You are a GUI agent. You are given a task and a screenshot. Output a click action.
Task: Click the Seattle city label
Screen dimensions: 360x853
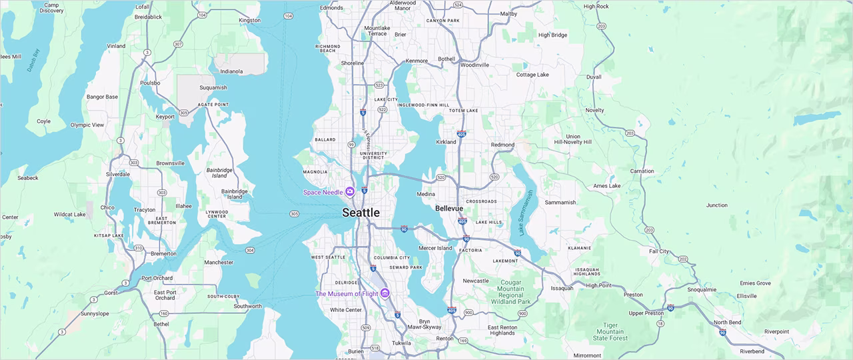[361, 213]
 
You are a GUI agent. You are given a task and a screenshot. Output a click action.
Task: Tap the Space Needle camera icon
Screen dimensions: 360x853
[350, 192]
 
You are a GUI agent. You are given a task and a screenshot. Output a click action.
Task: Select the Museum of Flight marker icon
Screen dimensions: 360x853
[385, 294]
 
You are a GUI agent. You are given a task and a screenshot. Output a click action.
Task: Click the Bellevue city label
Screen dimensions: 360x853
[448, 209]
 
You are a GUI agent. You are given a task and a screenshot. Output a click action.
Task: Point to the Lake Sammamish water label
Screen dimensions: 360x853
[526, 213]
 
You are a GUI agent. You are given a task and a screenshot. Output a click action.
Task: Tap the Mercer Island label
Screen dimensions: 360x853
[435, 248]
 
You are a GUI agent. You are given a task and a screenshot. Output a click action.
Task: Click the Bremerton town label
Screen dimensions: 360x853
[164, 253]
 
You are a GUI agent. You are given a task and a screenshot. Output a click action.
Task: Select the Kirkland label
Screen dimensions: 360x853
[446, 142]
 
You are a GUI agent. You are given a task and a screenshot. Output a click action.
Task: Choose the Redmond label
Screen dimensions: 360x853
[502, 145]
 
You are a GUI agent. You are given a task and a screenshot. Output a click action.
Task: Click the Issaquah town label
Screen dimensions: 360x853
[562, 288]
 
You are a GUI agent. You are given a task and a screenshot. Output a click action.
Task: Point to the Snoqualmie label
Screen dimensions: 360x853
[702, 289]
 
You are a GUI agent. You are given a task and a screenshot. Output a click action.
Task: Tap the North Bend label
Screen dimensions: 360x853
[727, 322]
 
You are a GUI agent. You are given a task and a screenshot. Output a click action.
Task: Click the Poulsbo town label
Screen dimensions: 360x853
[150, 83]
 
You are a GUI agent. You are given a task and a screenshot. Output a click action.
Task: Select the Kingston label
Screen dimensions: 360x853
[249, 20]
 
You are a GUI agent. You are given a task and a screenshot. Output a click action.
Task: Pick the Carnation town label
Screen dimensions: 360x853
[642, 171]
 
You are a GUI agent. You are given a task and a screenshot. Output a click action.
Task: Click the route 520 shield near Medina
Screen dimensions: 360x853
[441, 178]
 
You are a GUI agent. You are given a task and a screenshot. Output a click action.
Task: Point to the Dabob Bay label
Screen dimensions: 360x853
[33, 60]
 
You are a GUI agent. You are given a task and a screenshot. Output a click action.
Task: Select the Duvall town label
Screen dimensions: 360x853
[593, 77]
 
